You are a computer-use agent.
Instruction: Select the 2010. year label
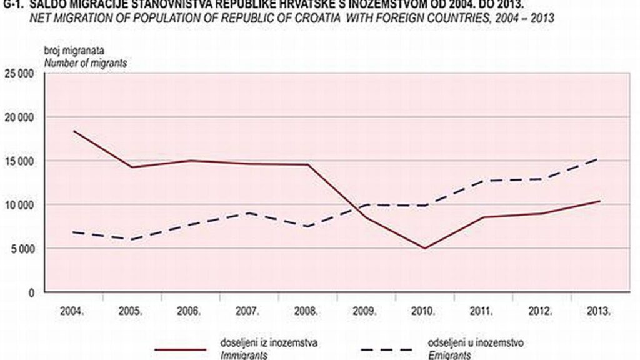click(424, 311)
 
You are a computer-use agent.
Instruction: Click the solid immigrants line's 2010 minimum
click(425, 248)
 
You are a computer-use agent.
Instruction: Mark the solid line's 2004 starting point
click(74, 131)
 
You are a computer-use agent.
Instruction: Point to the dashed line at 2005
click(132, 239)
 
